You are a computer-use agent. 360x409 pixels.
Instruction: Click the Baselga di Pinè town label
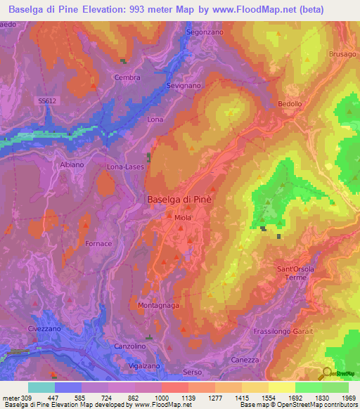[x=179, y=200]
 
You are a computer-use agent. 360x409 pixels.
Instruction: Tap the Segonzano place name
[x=205, y=32]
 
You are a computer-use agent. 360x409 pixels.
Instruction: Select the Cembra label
[x=127, y=78]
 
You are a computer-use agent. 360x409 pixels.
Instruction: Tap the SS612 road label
[x=46, y=101]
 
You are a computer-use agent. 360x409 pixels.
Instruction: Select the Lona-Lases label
[x=124, y=167]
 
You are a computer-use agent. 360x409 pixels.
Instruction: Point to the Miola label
[x=183, y=218]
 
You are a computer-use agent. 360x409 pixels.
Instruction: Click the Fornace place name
[x=98, y=244]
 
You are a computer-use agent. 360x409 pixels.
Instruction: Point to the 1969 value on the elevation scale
[x=348, y=397]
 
